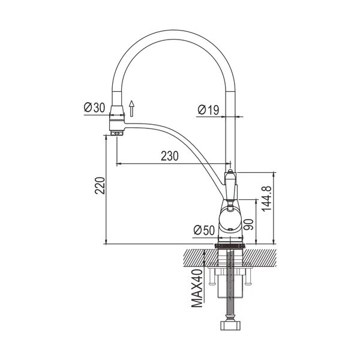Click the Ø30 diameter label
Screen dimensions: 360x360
coord(95,107)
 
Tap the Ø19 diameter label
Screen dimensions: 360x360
coord(208,110)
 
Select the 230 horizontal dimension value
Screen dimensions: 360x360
coord(170,156)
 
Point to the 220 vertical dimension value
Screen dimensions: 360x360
coord(100,185)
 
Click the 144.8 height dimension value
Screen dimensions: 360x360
coord(266,199)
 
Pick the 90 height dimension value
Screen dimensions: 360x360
coord(248,224)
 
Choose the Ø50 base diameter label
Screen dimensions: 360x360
coord(204,230)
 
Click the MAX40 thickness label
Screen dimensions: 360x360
coord(197,289)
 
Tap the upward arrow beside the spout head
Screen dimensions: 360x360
coord(131,109)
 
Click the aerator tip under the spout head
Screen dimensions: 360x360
coord(117,133)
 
